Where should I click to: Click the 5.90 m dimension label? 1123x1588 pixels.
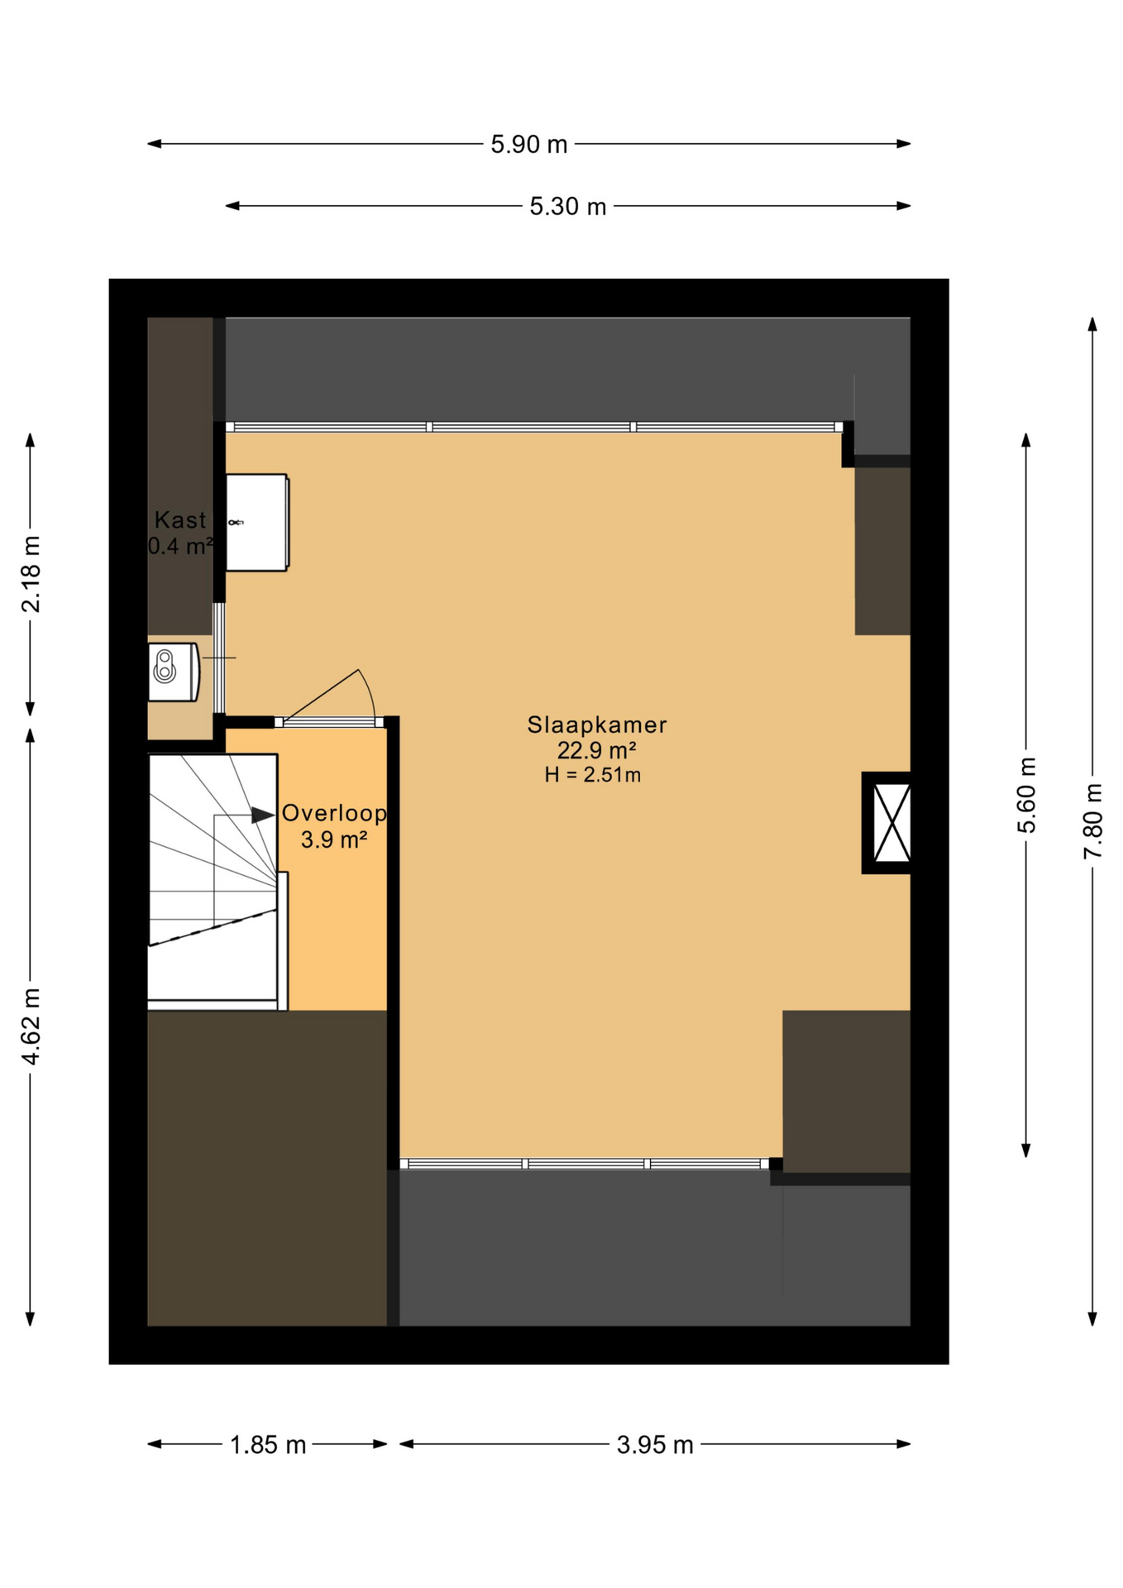coord(528,145)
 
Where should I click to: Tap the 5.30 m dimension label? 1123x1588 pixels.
coord(567,207)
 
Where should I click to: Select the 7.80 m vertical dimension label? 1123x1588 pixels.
coord(1093,821)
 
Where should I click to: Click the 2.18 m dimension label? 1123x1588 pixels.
coord(31,574)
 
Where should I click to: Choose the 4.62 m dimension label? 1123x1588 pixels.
coord(31,1026)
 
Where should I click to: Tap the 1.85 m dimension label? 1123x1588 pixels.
coord(267,1445)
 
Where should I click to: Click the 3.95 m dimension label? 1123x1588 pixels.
coord(654,1445)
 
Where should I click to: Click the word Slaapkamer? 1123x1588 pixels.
coord(596,725)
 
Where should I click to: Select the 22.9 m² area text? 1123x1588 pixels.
coord(596,751)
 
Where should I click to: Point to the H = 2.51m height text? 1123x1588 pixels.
coord(592,775)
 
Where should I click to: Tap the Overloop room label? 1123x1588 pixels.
coord(334,813)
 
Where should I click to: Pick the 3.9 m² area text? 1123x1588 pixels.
coord(333,840)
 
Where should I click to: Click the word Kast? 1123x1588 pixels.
coord(179,520)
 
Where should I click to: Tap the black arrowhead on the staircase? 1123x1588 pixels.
coord(263,816)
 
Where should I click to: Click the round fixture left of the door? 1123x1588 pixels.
coord(165,667)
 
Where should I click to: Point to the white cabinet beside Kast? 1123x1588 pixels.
coord(256,522)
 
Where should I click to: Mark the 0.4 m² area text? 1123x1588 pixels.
coord(180,547)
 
